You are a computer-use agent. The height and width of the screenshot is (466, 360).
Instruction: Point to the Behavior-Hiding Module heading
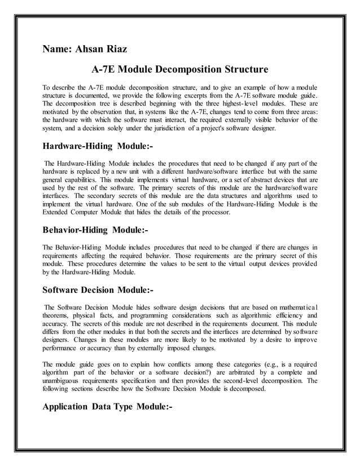(95, 230)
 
